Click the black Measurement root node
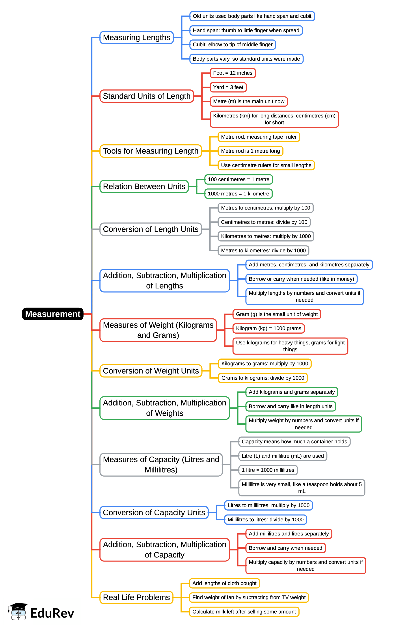52,314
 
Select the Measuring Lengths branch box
136,37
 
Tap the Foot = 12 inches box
233,73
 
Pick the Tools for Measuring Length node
151,151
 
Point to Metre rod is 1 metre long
250,151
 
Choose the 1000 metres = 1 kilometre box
238,193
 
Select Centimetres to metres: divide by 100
264,222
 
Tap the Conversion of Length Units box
151,229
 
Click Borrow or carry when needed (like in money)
301,279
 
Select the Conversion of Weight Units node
151,371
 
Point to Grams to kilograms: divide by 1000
263,378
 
